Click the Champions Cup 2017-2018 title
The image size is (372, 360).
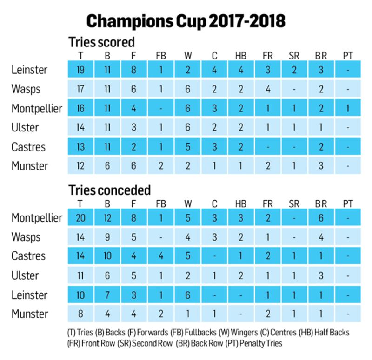coord(186,21)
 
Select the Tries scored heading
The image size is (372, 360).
coord(101,42)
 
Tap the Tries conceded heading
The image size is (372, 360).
coord(110,190)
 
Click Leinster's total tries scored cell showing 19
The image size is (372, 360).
coord(80,70)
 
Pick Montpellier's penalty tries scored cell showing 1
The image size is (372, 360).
coord(347,108)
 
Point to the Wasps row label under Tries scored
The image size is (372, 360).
coord(26,89)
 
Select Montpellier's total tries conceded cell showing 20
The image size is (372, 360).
coord(80,218)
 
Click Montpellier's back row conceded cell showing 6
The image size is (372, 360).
coord(321,218)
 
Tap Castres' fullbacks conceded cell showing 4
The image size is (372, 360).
coord(160,256)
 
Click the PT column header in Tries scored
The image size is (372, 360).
coord(347,56)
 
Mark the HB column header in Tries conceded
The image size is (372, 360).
coord(241,203)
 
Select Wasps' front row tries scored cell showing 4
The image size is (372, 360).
coord(267,89)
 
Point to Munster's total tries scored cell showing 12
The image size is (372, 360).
coord(80,165)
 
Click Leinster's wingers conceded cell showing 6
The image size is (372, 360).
coord(187,295)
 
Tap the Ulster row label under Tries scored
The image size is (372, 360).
coord(25,127)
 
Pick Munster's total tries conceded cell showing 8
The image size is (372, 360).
coord(80,314)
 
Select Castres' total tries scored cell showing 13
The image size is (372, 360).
coord(80,147)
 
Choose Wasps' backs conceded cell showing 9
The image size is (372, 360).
coord(107,237)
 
